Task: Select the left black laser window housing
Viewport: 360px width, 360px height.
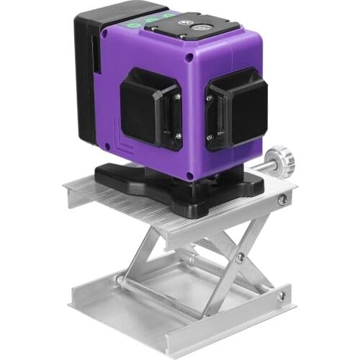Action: [148, 109]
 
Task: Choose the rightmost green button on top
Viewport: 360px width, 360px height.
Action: [168, 16]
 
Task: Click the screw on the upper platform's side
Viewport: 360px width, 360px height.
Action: [282, 200]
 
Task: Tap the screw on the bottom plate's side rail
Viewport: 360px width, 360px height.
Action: [282, 295]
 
